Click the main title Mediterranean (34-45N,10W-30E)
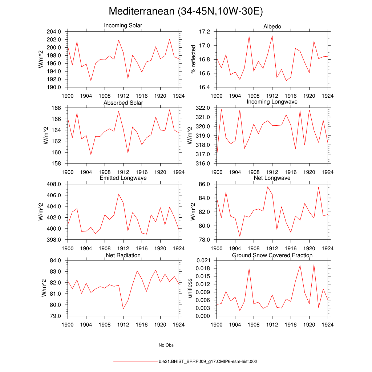point(186,12)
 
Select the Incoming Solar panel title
point(123,26)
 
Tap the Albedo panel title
point(272,27)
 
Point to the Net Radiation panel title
point(123,255)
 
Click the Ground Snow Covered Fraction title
point(272,255)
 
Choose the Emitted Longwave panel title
point(123,178)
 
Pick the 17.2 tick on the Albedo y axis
point(205,32)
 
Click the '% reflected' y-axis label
point(193,59)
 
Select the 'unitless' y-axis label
point(189,288)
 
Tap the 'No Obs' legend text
point(166,345)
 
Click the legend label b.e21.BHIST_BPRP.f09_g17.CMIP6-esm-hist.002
point(208,362)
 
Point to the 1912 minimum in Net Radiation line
point(123,309)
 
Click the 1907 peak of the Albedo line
point(249,36)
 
